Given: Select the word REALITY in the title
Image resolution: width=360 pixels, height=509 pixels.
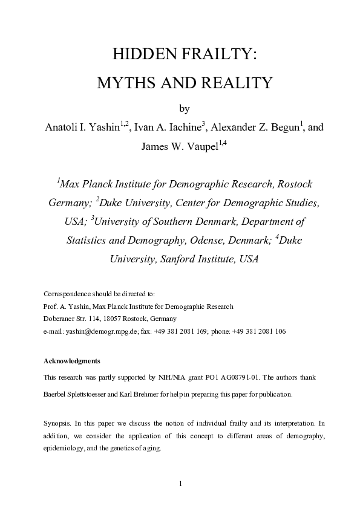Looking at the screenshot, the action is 234,83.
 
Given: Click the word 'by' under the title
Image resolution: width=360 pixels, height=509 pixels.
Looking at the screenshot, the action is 185,109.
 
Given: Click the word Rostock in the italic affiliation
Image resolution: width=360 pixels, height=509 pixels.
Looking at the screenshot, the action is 289,184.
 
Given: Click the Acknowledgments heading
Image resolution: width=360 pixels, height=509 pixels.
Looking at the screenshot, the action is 72,361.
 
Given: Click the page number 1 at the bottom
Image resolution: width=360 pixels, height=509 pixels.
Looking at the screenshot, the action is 180,484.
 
